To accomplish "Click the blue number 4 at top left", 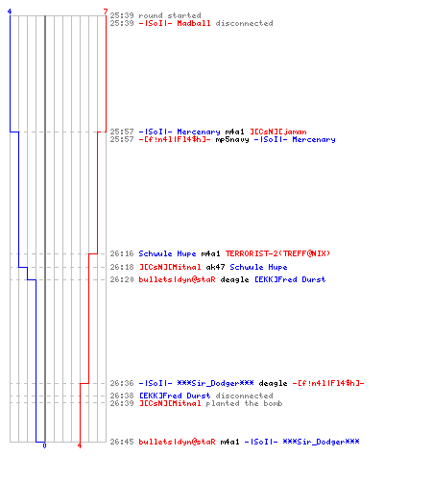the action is pos(10,12).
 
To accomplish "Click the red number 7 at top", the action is pos(106,12).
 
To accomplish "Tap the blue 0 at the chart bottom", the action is pos(44,445).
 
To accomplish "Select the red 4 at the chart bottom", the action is pos(80,445).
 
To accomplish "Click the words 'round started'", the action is pos(170,15).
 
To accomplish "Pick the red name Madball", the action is pos(194,23).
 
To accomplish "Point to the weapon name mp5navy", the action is pos(232,140).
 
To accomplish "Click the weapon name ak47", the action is pos(215,267).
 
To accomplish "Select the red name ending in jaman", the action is pos(278,132).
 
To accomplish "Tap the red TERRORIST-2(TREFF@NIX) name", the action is pos(277,253).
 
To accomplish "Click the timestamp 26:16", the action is pos(122,253).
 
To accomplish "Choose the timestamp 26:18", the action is pos(122,267).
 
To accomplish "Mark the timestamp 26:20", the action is pos(122,279).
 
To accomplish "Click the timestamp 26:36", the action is pos(122,383).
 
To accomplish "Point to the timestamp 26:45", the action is pos(122,442).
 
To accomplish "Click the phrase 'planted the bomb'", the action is pos(244,403).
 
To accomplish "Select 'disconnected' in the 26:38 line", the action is pos(244,396).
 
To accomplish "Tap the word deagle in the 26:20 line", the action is pos(234,280).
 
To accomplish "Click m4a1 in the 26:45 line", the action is pos(229,442).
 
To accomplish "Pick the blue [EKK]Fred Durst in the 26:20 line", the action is pos(290,279).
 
